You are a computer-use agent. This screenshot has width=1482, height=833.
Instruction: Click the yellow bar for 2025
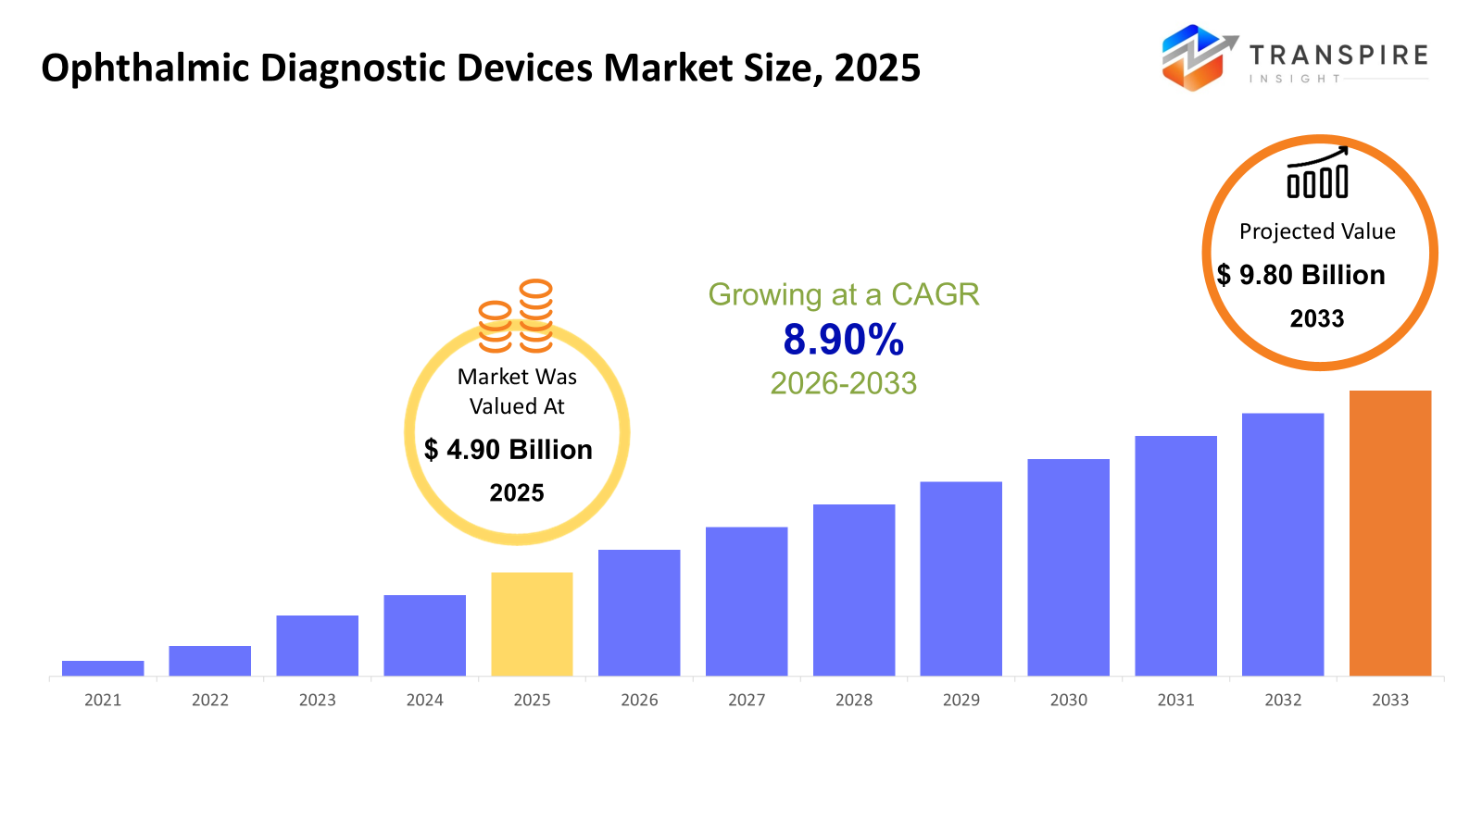coord(532,624)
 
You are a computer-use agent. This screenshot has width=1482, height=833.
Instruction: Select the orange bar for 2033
coord(1389,533)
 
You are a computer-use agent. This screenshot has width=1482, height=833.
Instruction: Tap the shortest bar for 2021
coord(103,668)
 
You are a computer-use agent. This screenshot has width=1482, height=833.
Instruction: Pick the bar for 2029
coord(961,578)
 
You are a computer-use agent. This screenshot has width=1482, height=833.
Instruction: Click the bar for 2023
coord(317,645)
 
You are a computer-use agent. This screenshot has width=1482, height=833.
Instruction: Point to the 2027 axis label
coord(747,701)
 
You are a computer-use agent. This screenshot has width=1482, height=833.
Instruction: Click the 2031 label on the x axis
coord(1175,701)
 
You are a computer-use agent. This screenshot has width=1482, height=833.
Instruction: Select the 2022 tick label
coord(210,701)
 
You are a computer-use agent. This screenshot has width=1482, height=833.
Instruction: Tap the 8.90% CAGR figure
coord(843,340)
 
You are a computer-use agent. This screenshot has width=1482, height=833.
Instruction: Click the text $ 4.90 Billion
coord(509,450)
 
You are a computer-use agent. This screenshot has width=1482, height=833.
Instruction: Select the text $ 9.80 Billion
coord(1301,275)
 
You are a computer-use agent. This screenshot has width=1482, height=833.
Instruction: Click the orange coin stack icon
coord(516,317)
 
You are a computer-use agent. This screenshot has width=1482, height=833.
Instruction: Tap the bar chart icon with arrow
coord(1317,173)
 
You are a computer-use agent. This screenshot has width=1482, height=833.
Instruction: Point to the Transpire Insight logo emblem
coord(1198,57)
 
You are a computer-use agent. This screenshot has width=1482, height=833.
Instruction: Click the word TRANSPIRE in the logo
coord(1338,56)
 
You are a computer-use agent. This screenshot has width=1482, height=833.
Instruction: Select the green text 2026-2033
coord(843,383)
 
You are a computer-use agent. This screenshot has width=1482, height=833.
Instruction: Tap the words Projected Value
coord(1317,231)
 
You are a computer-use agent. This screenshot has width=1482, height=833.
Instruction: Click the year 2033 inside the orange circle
coord(1317,318)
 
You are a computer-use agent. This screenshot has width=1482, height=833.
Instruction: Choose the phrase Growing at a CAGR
coord(843,294)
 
